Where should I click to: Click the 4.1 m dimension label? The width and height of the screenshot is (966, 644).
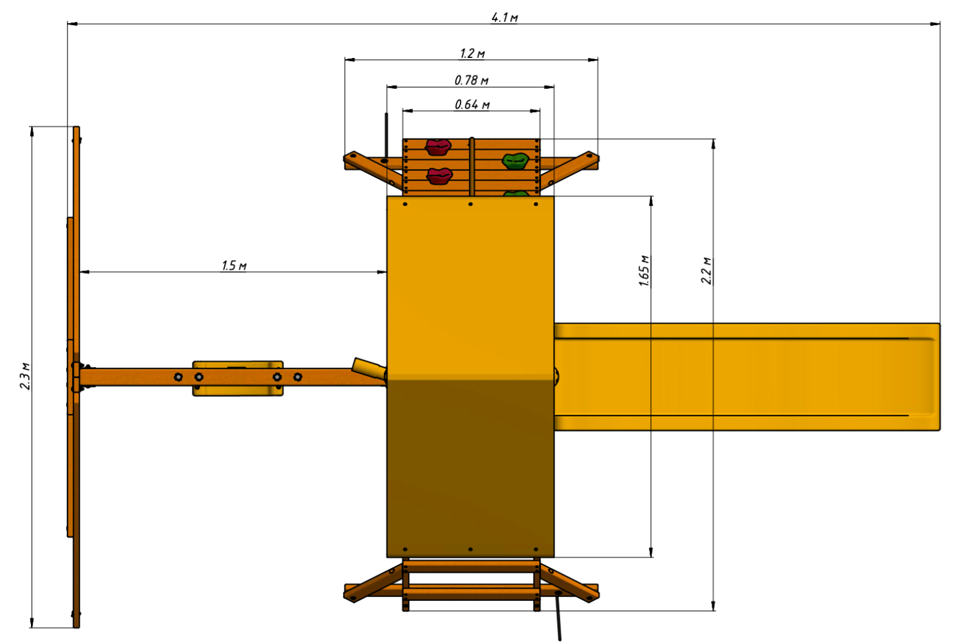[504, 17]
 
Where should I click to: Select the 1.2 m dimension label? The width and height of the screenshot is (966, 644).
[472, 53]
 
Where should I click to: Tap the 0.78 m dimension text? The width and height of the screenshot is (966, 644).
[471, 80]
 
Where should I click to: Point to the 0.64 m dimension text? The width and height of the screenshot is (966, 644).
[472, 104]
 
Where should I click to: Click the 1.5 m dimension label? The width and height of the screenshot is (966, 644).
[234, 266]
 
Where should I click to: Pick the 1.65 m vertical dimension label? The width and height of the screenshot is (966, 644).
[644, 270]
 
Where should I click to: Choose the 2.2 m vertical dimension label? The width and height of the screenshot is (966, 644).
[706, 270]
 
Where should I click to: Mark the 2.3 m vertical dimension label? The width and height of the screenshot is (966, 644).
[25, 376]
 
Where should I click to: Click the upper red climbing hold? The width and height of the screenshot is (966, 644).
[438, 147]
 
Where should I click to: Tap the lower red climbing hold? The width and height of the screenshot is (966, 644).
[439, 176]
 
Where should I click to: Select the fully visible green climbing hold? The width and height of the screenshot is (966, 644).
[515, 161]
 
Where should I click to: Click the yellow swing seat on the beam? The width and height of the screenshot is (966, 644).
[238, 378]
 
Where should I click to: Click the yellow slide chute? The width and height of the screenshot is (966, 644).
[747, 377]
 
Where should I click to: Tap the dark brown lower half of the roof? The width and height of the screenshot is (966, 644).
[471, 469]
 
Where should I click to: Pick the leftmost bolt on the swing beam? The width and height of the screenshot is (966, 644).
[178, 377]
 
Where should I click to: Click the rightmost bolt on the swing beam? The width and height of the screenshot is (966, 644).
[298, 377]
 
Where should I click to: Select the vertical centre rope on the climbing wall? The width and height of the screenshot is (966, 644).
[472, 167]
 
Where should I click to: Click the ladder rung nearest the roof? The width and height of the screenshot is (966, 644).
[471, 566]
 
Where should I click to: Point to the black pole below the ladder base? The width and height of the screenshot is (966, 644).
[558, 617]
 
